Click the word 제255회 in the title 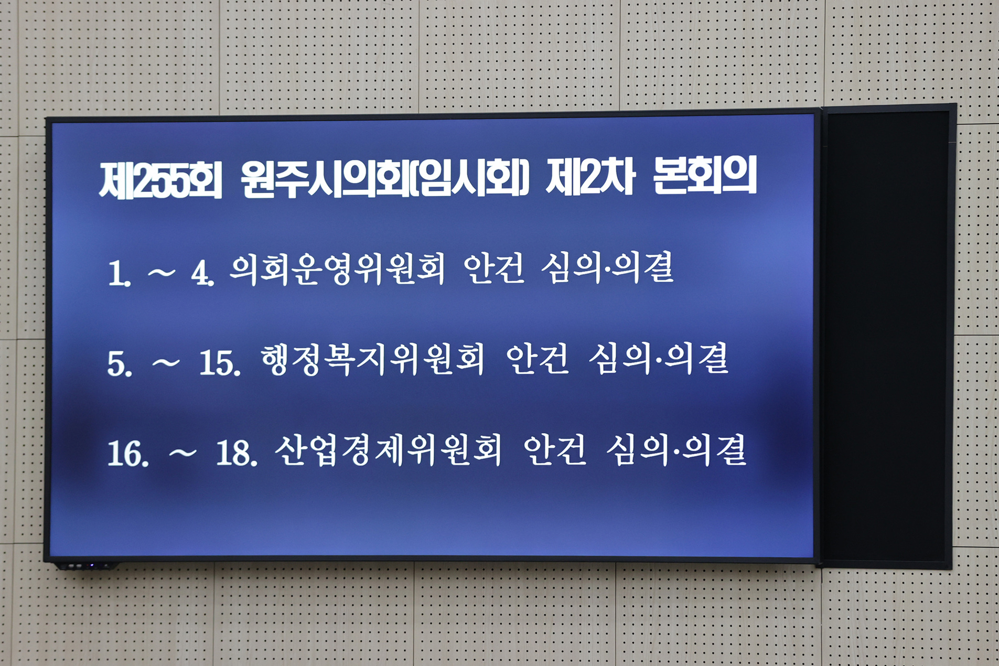tap(160, 180)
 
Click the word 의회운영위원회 tap(337, 270)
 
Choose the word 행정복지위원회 tap(372, 360)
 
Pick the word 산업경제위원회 tap(388, 451)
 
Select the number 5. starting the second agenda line tap(119, 363)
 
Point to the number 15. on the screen tap(220, 363)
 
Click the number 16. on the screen tap(127, 454)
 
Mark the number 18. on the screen tap(237, 453)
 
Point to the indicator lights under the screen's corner tap(84, 566)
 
